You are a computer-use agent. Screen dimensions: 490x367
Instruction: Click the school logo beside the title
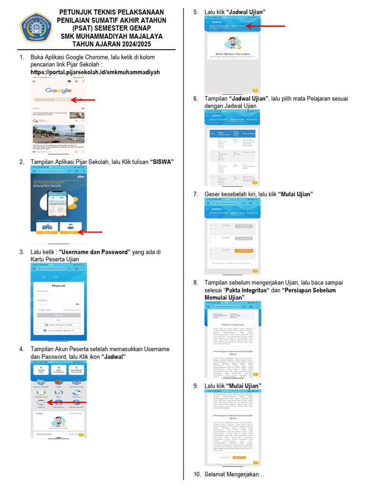point(36,28)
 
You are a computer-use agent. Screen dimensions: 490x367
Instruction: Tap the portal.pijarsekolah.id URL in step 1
point(95,72)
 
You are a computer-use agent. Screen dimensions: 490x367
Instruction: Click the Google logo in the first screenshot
point(58,90)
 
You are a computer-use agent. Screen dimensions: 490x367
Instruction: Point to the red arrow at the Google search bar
point(83,100)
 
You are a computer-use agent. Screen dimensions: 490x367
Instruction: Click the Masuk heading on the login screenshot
point(59,286)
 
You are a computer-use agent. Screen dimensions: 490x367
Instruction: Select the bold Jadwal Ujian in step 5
point(248,11)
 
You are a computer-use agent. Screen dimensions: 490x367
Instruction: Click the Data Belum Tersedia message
point(233,54)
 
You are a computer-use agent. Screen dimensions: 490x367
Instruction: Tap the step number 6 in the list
point(195,99)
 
